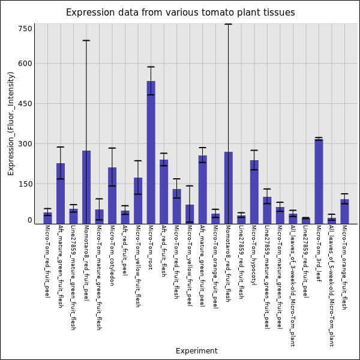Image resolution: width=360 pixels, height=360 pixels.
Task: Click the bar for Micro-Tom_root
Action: click(x=151, y=152)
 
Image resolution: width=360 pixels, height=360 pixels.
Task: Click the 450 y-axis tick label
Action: click(x=25, y=104)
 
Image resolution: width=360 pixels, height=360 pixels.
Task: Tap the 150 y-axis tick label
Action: click(x=25, y=184)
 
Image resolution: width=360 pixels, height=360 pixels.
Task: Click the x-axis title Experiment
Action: click(x=196, y=351)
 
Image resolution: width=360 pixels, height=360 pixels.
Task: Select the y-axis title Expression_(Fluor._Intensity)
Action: click(x=11, y=123)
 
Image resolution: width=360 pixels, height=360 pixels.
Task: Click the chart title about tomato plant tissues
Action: click(x=180, y=13)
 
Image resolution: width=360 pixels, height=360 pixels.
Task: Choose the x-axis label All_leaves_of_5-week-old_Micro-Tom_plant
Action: click(x=331, y=286)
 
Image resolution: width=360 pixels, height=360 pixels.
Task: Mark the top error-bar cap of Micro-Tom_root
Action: click(x=151, y=67)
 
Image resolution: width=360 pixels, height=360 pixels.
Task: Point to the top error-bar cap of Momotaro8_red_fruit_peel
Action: click(x=86, y=40)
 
